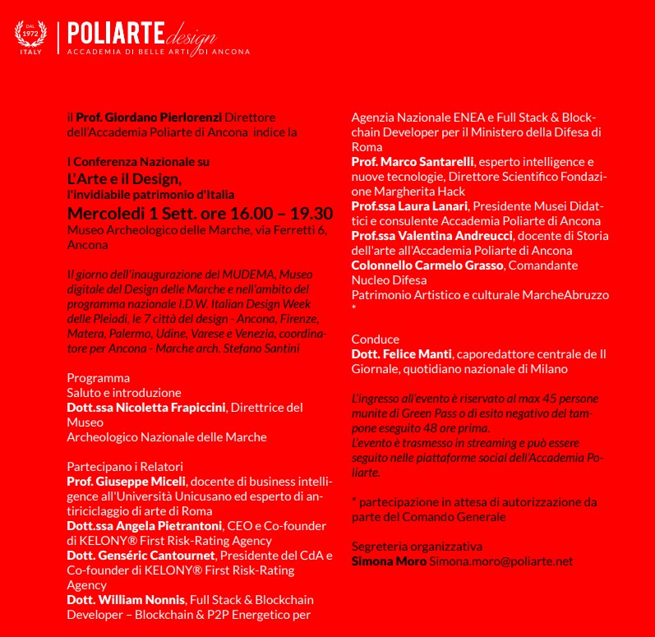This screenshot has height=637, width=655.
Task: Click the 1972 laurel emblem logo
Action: click(30, 38)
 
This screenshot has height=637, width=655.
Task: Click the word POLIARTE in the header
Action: click(114, 34)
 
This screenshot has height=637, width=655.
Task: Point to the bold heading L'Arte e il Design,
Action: click(123, 178)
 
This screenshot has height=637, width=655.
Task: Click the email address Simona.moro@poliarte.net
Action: click(501, 561)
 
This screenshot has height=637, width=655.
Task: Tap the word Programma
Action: click(98, 378)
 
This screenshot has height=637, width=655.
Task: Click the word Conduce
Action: click(375, 339)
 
